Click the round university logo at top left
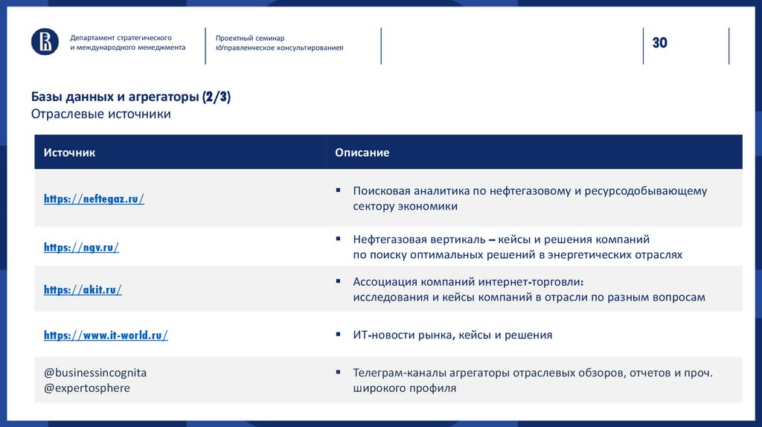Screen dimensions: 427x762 [x=45, y=42]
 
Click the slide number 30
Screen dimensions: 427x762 [x=660, y=43]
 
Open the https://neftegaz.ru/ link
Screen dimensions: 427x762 [x=94, y=199]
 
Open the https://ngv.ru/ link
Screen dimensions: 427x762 [x=81, y=248]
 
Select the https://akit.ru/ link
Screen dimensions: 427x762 [x=83, y=290]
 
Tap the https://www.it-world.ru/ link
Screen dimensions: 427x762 [x=106, y=335]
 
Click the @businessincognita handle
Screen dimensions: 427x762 [x=95, y=373]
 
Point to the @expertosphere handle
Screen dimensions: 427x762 [x=86, y=388]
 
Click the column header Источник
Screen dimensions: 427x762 [x=69, y=152]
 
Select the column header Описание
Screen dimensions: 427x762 [x=362, y=152]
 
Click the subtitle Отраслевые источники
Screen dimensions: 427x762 [x=101, y=114]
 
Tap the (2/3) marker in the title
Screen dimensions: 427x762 [x=216, y=97]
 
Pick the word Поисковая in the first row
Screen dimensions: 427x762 [x=381, y=191]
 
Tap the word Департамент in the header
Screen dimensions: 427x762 [x=92, y=37]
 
